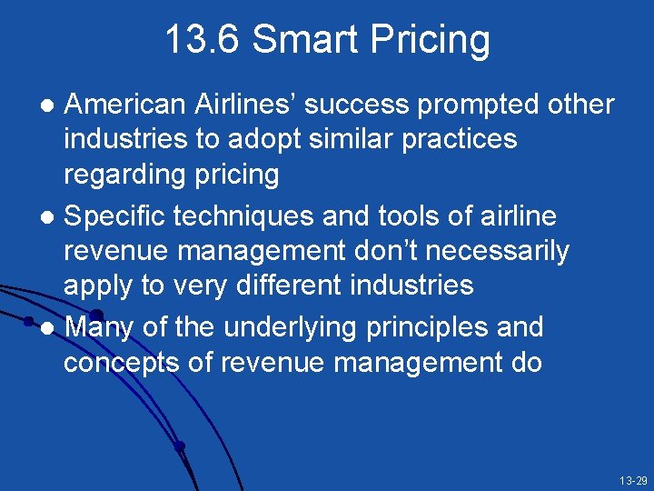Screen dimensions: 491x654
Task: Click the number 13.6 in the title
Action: pos(202,41)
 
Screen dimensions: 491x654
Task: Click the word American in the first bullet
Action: pos(125,105)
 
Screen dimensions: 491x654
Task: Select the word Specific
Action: pos(117,217)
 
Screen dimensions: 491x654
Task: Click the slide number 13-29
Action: pos(632,479)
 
